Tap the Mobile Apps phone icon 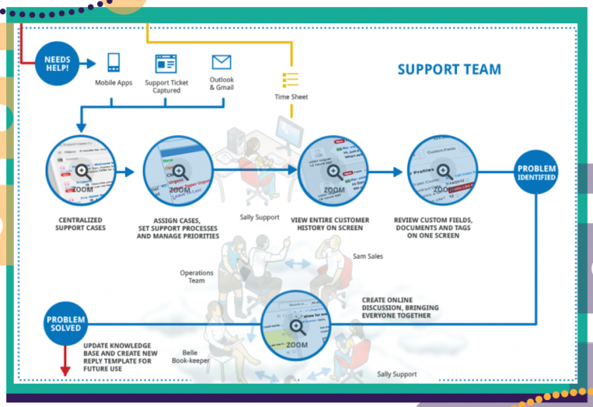click(114, 63)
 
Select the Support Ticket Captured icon click(165, 63)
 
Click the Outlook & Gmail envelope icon click(222, 62)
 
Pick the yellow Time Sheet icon click(290, 80)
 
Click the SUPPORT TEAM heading click(449, 70)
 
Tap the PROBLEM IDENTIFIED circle click(536, 172)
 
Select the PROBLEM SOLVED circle click(66, 322)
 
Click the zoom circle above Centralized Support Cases click(80, 174)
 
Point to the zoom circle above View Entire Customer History click(334, 173)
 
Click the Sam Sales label click(369, 256)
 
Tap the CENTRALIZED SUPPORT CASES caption click(81, 223)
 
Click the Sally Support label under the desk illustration click(259, 217)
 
